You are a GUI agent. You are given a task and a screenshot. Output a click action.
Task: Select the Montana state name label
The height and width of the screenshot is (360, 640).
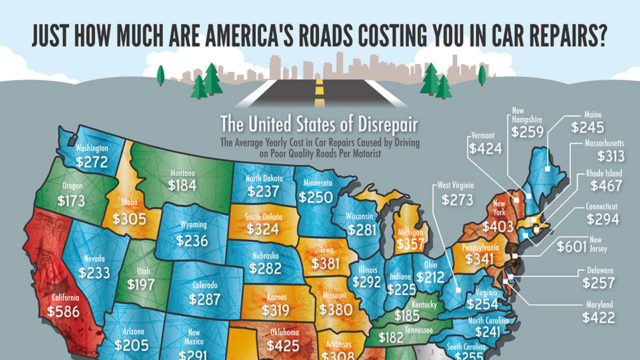pos(182,171)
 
